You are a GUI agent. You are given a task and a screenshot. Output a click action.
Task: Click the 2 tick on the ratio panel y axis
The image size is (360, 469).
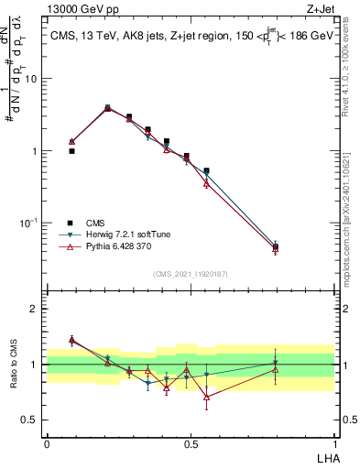pyautogui.click(x=36, y=309)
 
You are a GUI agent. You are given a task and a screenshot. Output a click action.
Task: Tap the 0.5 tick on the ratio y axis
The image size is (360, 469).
pyautogui.click(x=32, y=420)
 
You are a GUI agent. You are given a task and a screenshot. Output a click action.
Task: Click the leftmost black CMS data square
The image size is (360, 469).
pyautogui.click(x=71, y=151)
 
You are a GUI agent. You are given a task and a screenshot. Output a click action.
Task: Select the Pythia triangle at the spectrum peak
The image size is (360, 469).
pyautogui.click(x=108, y=109)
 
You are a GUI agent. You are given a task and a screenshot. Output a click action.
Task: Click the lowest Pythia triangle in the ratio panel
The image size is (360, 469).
pyautogui.click(x=207, y=398)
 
